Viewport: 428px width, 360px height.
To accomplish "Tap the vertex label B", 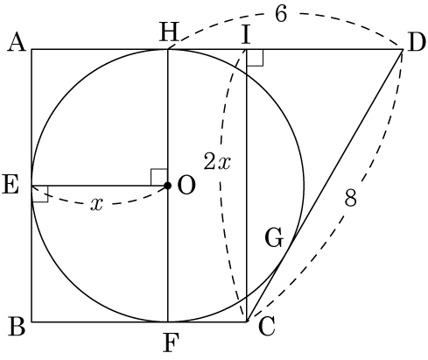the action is tap(17, 326).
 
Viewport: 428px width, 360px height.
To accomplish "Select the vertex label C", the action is tap(267, 327).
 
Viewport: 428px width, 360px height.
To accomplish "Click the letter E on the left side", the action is tap(11, 185).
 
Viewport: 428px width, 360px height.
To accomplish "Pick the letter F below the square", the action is tap(171, 342).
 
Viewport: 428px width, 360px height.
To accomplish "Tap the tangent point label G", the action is tap(274, 238).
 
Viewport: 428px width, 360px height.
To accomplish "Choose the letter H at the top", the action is tap(169, 32).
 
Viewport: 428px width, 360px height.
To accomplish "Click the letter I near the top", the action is tap(246, 34).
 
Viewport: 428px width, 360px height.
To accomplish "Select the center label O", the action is tap(186, 186).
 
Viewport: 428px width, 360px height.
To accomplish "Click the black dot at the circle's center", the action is tap(167, 186).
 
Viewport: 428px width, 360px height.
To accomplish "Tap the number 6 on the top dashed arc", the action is tap(281, 14).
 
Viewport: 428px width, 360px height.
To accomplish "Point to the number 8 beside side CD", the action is tap(350, 198).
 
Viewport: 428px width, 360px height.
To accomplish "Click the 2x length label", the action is tap(217, 161).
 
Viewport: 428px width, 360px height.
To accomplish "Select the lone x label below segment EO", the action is tap(96, 204).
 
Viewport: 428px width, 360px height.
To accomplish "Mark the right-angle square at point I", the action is tap(255, 58).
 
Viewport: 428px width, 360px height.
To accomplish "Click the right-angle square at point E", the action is tap(40, 194).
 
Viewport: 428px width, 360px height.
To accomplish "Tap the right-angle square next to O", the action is tap(159, 177).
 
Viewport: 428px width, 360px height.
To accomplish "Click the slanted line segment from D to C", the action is tap(325, 186).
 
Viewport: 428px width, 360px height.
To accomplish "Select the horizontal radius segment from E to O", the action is tap(100, 186).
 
